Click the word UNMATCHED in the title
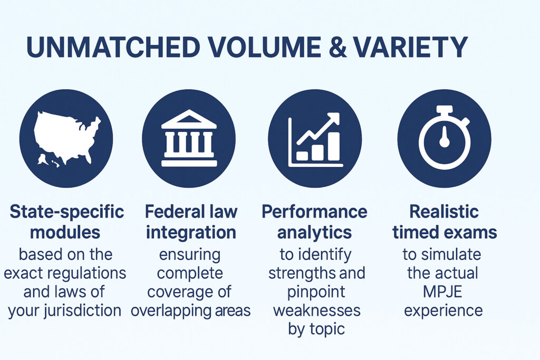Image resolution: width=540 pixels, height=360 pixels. (x=113, y=47)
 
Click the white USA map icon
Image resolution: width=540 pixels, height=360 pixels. (x=67, y=138)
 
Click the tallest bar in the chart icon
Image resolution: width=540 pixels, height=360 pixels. (x=334, y=147)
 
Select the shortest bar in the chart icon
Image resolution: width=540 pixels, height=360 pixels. (x=302, y=155)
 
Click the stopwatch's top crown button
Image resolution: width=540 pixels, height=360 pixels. (x=444, y=111)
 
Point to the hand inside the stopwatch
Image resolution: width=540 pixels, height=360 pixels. (x=444, y=138)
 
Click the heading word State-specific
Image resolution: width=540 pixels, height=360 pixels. (x=67, y=212)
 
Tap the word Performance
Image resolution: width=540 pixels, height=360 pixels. (x=314, y=211)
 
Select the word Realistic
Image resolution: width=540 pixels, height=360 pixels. (x=444, y=211)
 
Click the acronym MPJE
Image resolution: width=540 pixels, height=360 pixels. (x=442, y=292)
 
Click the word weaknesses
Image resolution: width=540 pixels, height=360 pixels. (x=317, y=310)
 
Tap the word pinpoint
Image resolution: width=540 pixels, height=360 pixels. (x=316, y=292)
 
